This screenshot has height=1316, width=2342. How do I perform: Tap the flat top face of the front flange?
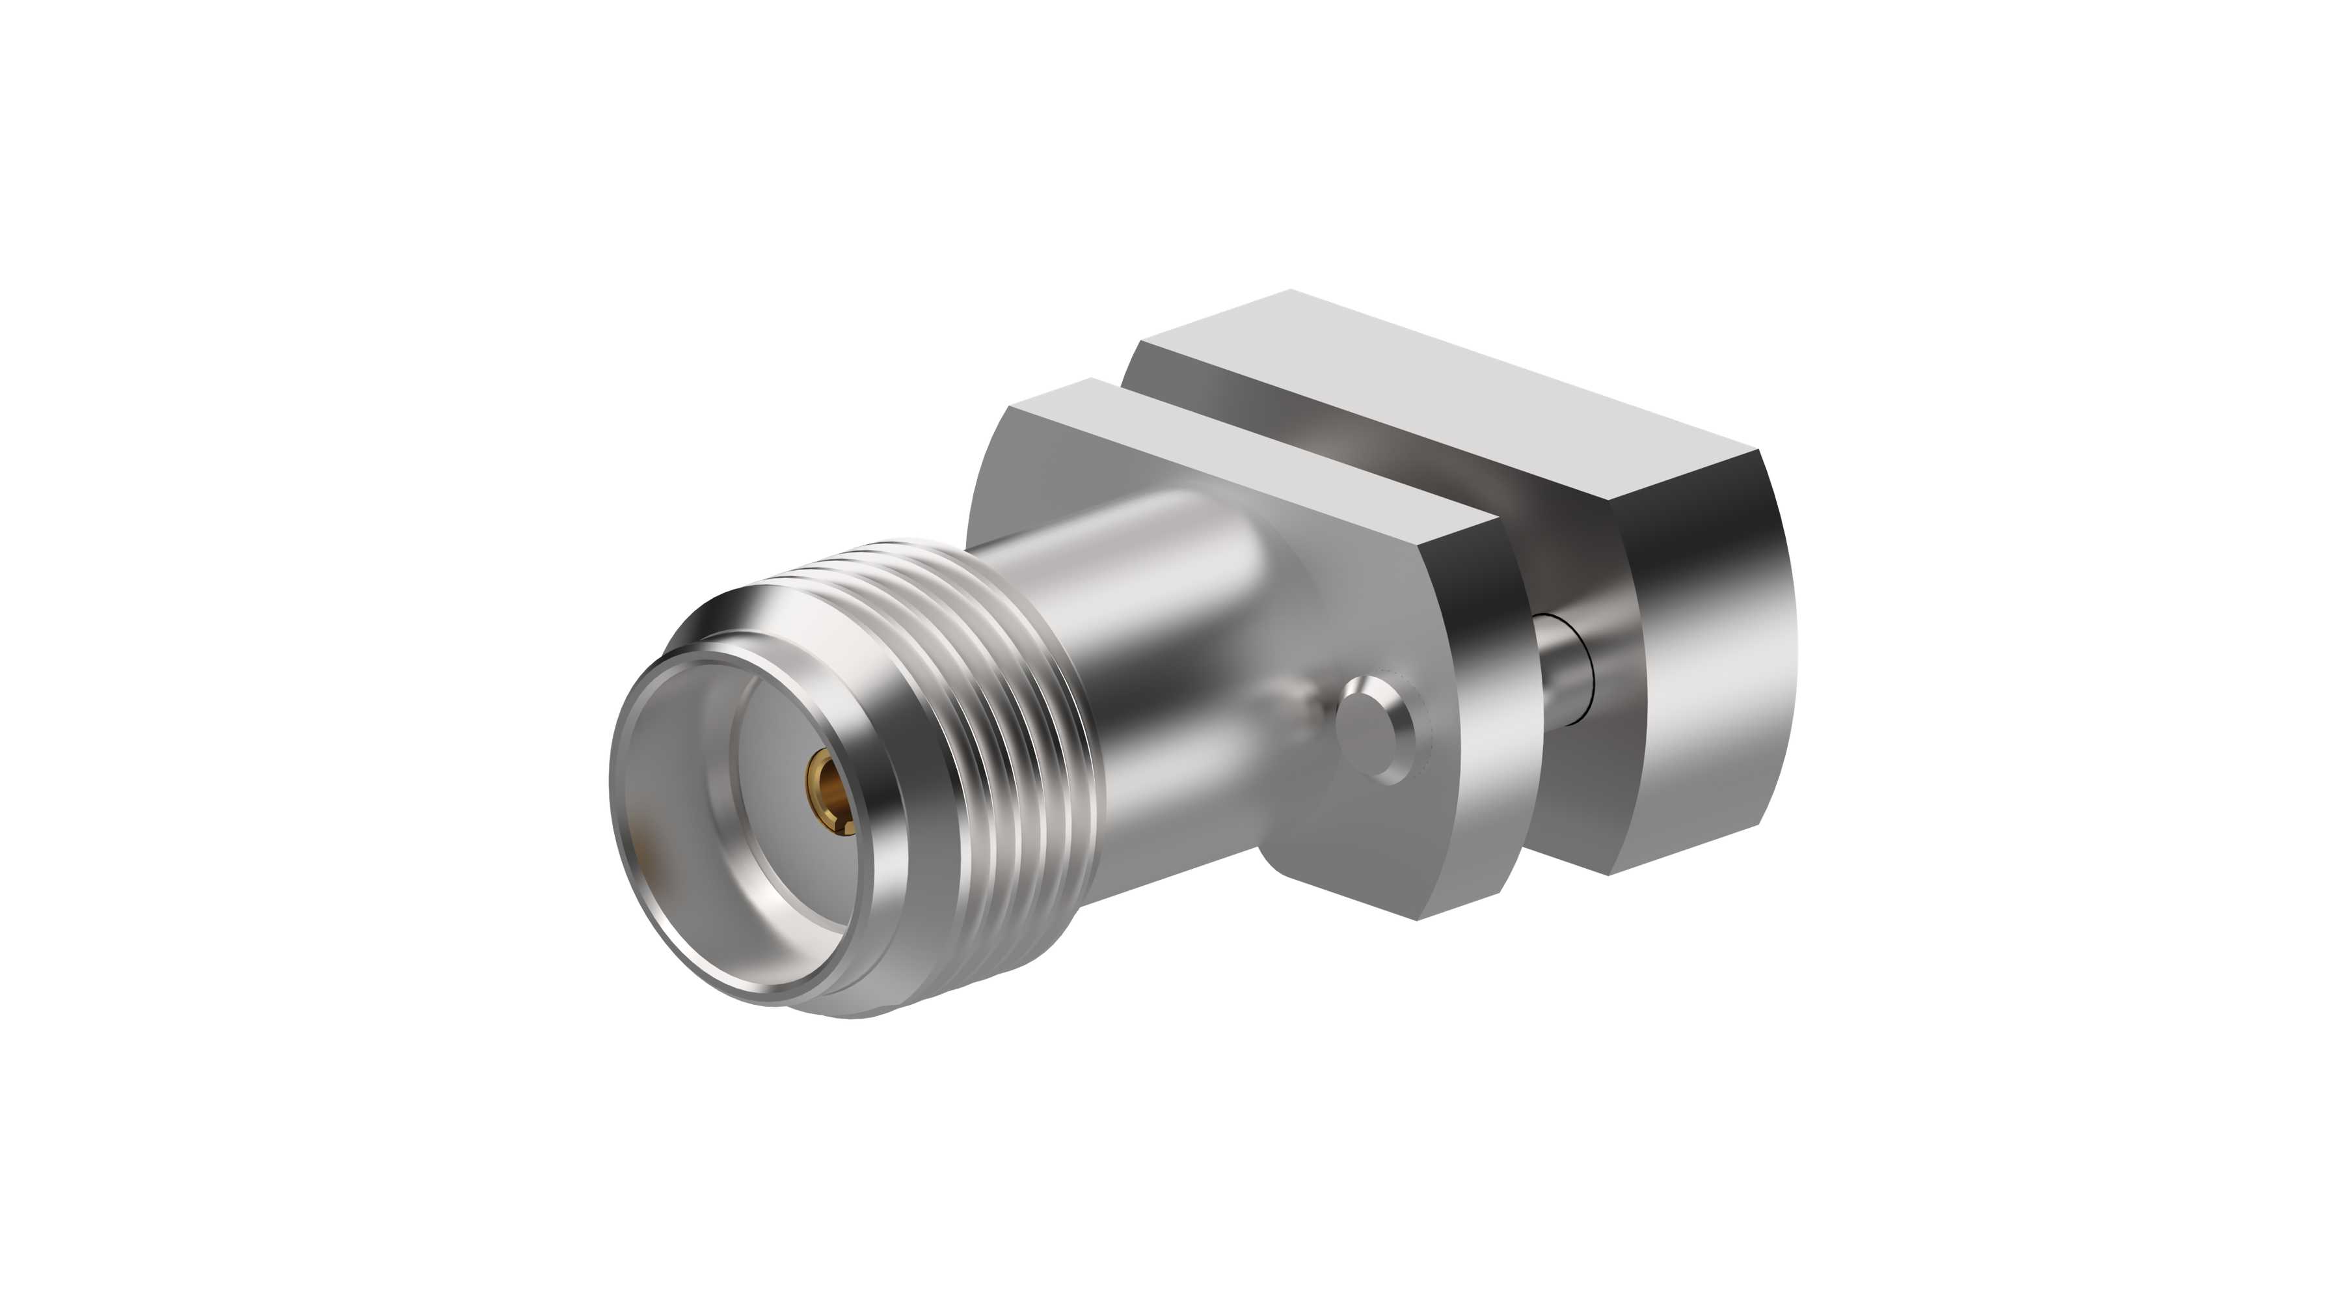click(x=1255, y=455)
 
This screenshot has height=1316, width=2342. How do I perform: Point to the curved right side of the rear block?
click(x=1709, y=655)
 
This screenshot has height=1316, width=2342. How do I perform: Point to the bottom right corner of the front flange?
click(x=1418, y=918)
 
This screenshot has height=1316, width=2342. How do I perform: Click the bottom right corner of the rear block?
click(x=1611, y=874)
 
